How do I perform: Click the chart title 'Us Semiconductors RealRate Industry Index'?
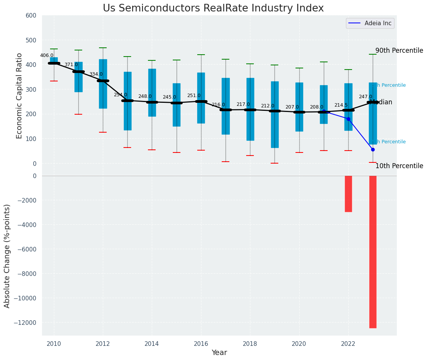coord(213,8)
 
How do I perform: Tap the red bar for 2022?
coord(348,194)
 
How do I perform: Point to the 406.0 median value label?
coord(47,55)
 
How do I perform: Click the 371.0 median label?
coord(71,65)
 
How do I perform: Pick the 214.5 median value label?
coord(341,105)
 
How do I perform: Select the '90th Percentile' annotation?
coord(399,50)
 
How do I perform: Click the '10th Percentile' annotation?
coord(399,166)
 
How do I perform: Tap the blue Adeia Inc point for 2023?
coord(373,149)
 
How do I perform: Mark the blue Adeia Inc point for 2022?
coord(348,119)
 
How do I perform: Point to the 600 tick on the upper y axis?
coord(31,16)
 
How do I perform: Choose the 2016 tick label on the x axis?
coord(201,344)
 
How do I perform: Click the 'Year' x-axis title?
coord(219,353)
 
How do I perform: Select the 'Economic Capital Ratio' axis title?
coord(19,89)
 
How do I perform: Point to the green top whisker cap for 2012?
coord(103,48)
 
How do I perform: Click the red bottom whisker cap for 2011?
coord(78,114)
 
